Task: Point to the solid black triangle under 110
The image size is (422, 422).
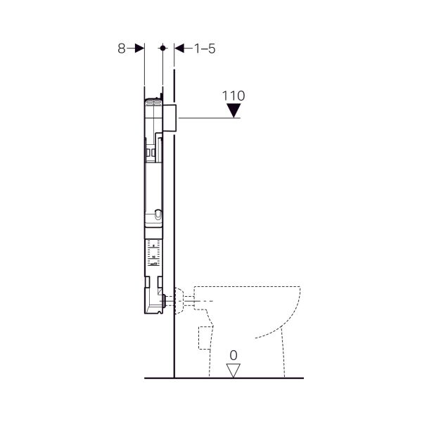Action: tap(235, 110)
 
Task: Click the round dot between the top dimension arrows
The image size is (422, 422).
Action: tap(162, 48)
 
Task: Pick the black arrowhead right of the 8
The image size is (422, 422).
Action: tap(139, 48)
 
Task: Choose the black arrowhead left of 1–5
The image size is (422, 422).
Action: tap(179, 48)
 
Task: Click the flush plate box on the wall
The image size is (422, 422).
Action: tap(172, 116)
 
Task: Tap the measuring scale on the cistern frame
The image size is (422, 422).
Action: tap(154, 252)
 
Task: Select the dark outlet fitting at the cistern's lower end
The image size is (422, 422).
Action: tap(163, 301)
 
